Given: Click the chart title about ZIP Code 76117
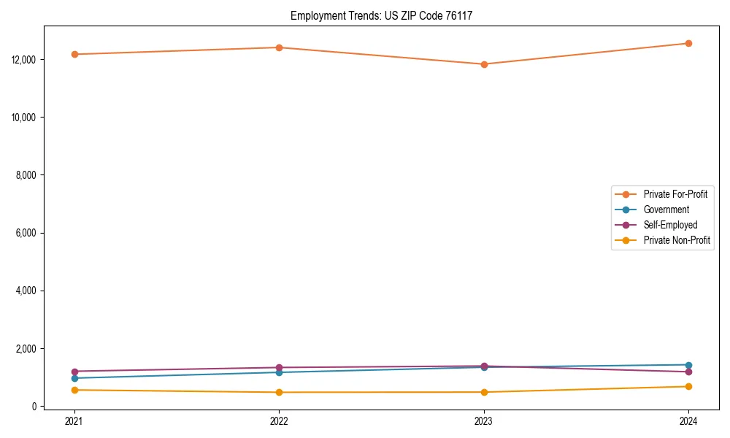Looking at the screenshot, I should tap(381, 15).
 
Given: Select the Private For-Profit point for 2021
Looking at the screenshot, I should tap(74, 54).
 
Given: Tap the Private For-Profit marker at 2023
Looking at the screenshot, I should tap(484, 64).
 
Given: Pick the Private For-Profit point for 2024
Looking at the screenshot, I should tap(688, 43).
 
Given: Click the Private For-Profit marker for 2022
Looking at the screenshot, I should tap(279, 47).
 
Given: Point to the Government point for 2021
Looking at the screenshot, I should tap(74, 378).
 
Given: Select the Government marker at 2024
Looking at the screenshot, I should tap(688, 365).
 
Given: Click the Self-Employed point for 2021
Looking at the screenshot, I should tap(74, 372).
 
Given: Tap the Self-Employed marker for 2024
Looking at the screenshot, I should tap(688, 372).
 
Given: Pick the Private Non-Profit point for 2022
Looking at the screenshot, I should tap(279, 392).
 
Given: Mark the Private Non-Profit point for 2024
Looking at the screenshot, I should tap(688, 386).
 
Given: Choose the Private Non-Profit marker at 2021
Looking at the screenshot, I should tap(74, 390).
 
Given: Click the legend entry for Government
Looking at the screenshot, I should tap(666, 210).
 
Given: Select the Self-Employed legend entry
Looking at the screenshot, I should tap(670, 225).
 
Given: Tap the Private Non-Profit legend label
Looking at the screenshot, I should tap(677, 240).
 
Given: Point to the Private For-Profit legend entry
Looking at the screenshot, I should tap(675, 194).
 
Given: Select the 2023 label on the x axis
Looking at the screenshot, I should tap(484, 420).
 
